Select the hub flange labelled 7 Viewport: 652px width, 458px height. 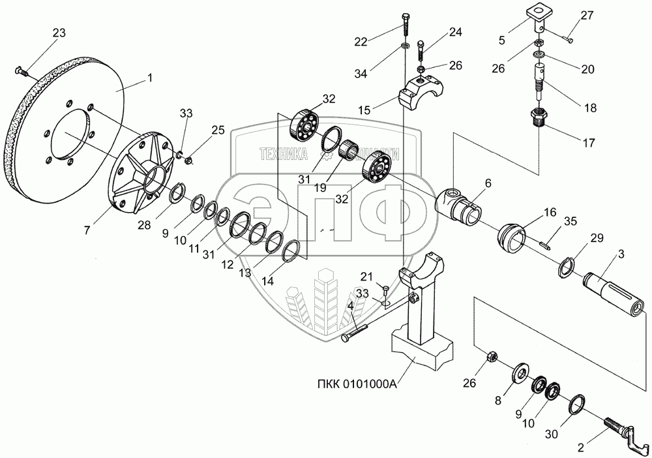point(140,173)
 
